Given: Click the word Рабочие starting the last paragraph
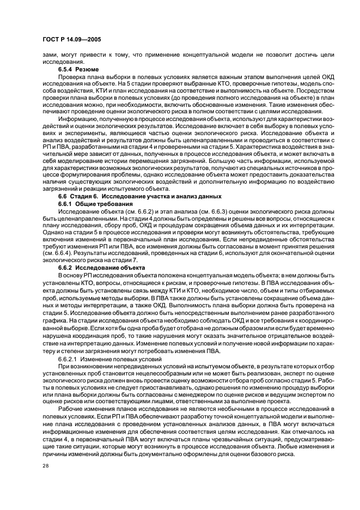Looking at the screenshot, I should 72,409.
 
